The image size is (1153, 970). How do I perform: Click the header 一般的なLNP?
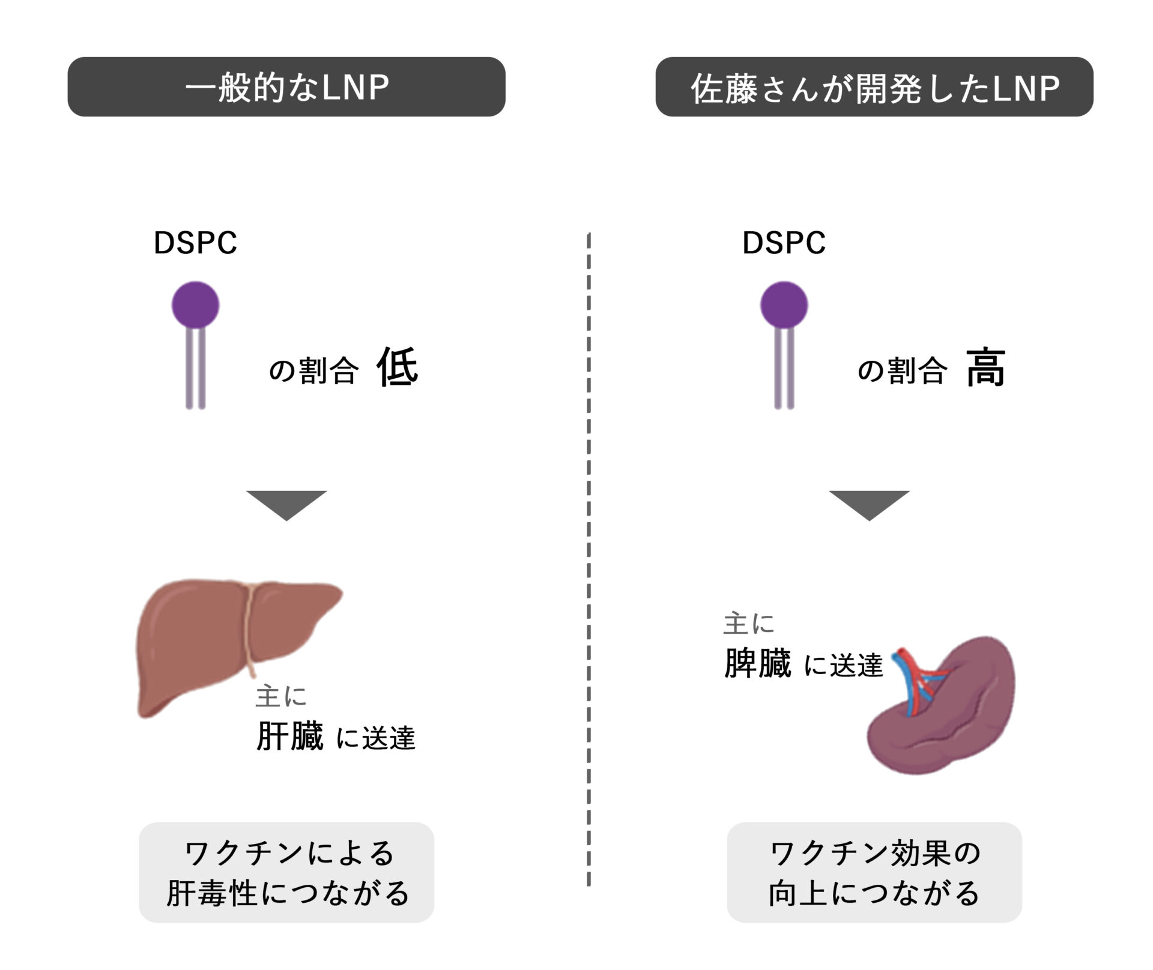[x=286, y=87]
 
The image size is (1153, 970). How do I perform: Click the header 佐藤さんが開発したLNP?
[x=874, y=87]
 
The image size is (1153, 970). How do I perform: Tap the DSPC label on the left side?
[x=195, y=243]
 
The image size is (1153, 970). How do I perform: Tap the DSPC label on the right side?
[x=784, y=243]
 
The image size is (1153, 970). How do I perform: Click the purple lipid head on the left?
[x=195, y=304]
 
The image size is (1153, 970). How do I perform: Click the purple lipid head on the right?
[x=784, y=304]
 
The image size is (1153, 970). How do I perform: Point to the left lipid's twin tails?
[x=196, y=369]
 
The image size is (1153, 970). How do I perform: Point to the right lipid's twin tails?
[x=784, y=369]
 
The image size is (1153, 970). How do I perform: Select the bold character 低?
[x=397, y=367]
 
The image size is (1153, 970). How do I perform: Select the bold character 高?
[x=985, y=367]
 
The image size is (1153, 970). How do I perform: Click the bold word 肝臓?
[x=289, y=736]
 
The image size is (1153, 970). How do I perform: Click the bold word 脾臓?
[x=758, y=663]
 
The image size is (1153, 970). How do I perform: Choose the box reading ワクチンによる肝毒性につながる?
[x=286, y=872]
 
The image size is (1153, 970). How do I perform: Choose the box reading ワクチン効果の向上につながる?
[x=874, y=872]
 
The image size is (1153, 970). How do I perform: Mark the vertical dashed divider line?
[x=589, y=558]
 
